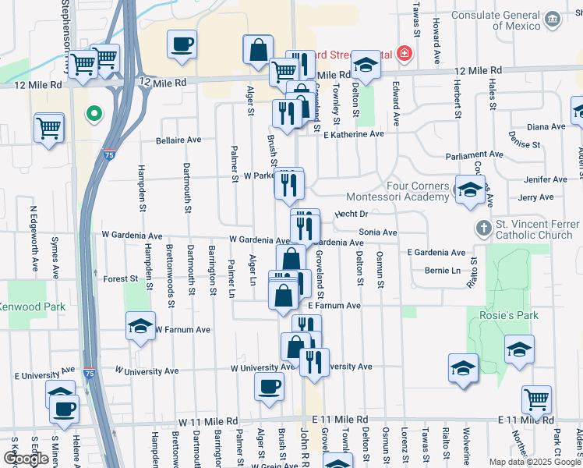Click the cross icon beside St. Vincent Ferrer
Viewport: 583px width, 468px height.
pyautogui.click(x=483, y=228)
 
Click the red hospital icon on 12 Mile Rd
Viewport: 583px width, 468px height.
pyautogui.click(x=404, y=53)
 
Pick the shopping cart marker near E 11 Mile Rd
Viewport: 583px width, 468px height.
pyautogui.click(x=536, y=400)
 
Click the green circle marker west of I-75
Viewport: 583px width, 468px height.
pyautogui.click(x=94, y=114)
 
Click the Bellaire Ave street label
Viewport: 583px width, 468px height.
pyautogui.click(x=178, y=140)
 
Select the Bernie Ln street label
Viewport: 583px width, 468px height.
pyautogui.click(x=443, y=271)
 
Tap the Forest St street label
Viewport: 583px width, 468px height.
pyautogui.click(x=120, y=278)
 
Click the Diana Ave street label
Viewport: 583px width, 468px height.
pyautogui.click(x=546, y=126)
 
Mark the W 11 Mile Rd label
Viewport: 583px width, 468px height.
pyautogui.click(x=207, y=420)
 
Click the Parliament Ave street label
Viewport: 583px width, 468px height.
pyautogui.click(x=476, y=154)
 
